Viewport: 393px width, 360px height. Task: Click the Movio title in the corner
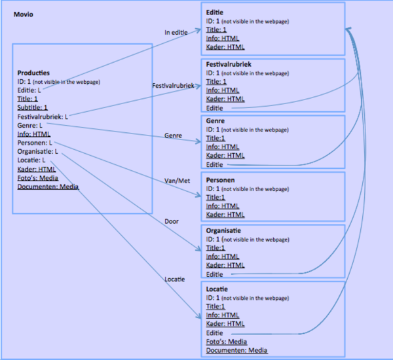point(24,13)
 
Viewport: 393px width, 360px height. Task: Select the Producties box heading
point(33,73)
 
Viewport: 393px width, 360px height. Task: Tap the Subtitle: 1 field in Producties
point(32,107)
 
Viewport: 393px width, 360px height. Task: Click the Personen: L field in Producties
point(35,142)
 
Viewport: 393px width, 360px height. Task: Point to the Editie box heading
point(214,12)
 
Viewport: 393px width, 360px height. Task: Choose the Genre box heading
point(215,122)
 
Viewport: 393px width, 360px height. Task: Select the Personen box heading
point(220,179)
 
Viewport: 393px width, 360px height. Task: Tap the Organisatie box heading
point(223,231)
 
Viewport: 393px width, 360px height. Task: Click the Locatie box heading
point(217,289)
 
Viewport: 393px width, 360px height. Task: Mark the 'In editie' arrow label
point(176,31)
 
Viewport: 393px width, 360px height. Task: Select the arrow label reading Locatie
point(174,279)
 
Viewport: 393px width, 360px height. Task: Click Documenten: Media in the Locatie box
point(236,350)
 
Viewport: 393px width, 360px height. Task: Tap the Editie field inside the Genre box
point(214,164)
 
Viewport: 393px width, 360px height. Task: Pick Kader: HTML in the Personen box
point(225,215)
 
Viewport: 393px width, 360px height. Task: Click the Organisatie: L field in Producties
point(37,151)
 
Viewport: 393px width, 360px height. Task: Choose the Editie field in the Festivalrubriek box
point(214,107)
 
